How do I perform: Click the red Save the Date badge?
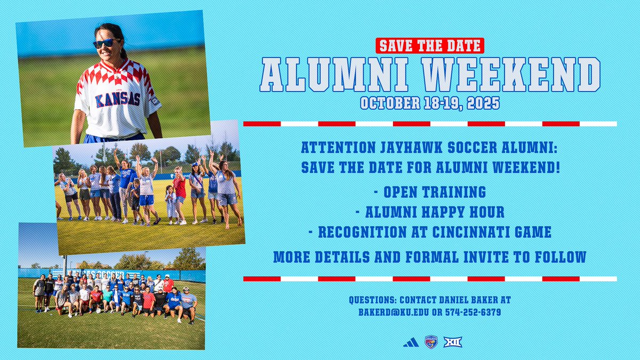click(x=429, y=45)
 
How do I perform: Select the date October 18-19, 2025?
click(x=429, y=102)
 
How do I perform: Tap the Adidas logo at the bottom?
click(x=411, y=342)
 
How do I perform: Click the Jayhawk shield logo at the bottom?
click(x=431, y=342)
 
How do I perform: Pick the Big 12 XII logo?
click(x=452, y=342)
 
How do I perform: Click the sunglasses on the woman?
click(x=105, y=43)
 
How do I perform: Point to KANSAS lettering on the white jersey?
click(x=117, y=99)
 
